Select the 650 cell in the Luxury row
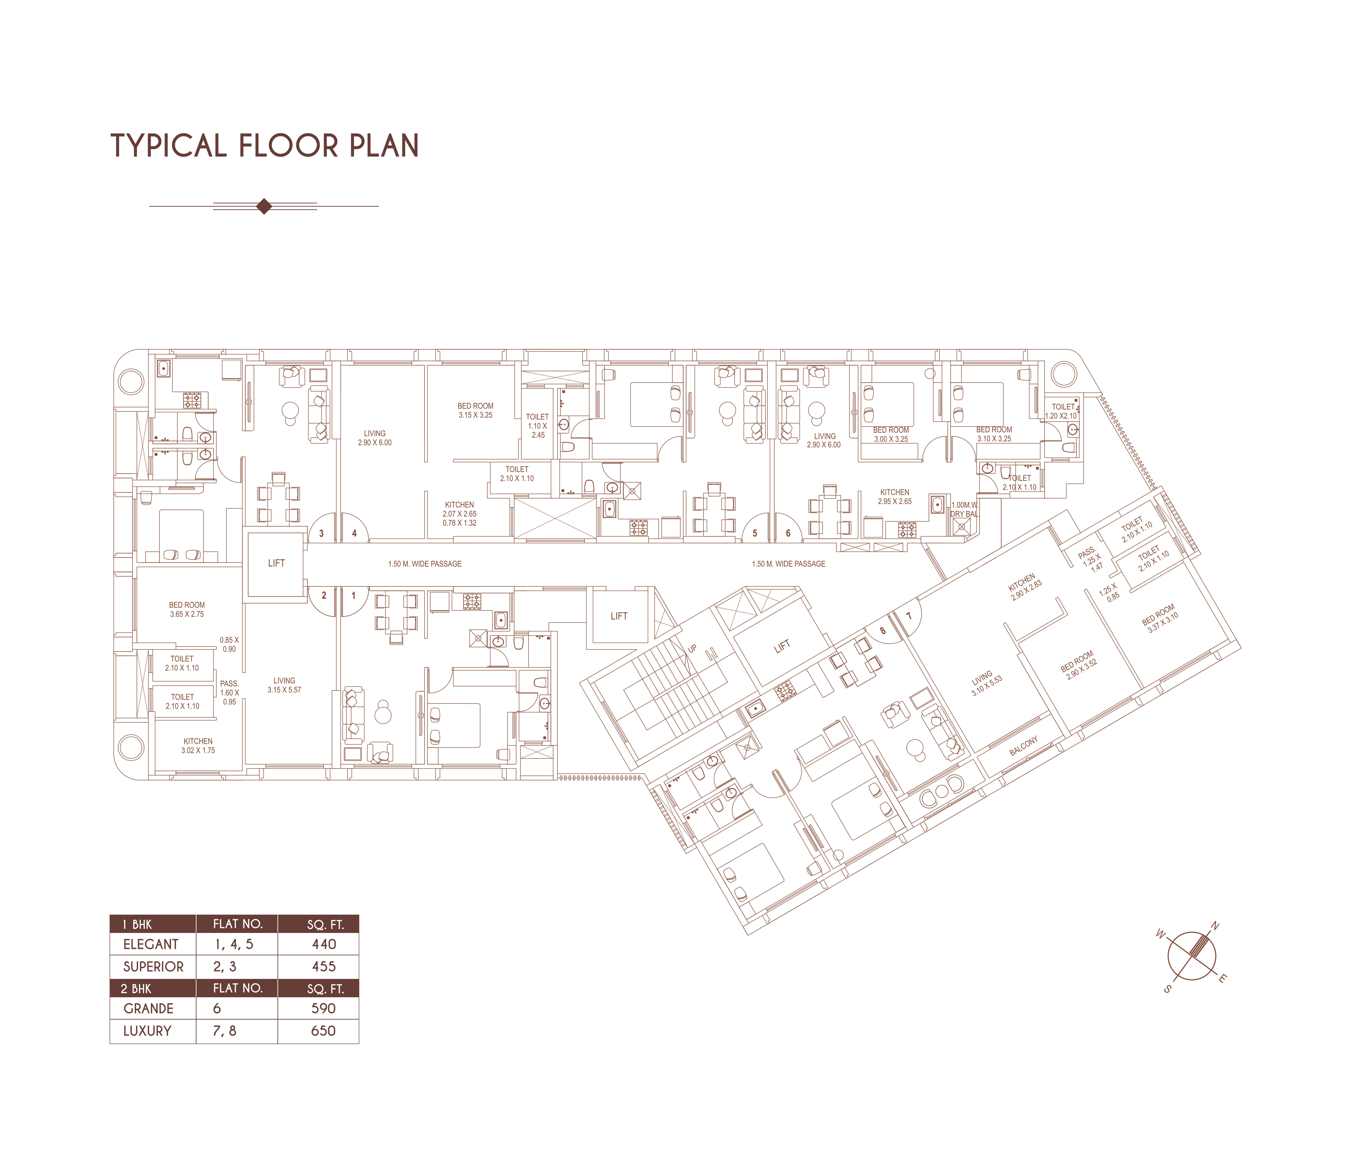point(324,1030)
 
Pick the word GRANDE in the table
point(148,1008)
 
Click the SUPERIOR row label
point(154,966)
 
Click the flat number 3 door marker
point(321,533)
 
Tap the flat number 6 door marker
point(788,533)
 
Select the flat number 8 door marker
point(883,631)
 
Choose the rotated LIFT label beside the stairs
point(782,646)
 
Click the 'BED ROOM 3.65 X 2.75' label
point(187,610)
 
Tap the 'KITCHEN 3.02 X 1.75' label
point(198,746)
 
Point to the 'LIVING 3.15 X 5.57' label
point(285,685)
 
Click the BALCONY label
point(1024,746)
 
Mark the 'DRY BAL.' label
point(965,514)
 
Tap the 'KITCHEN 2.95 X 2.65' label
point(895,497)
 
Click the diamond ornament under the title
point(264,206)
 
